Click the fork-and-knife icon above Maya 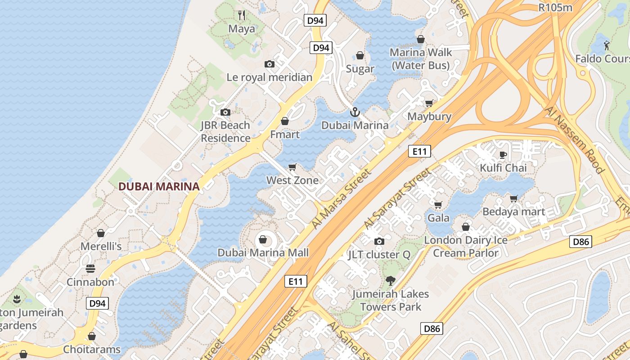(242, 15)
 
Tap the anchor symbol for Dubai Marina (355, 112)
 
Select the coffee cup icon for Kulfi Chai (503, 155)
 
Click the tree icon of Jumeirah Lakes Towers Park (390, 281)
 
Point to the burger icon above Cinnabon (90, 269)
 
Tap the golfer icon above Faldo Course (607, 45)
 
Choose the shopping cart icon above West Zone (292, 167)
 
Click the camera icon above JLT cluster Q (379, 242)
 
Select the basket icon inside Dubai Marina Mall (263, 239)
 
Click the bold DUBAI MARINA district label (159, 186)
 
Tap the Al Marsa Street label (342, 198)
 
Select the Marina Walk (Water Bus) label (420, 59)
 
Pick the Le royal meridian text (269, 77)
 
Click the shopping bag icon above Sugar (360, 55)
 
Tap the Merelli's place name (101, 246)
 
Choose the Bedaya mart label (513, 211)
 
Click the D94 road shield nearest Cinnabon (97, 303)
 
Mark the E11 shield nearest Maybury (419, 151)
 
